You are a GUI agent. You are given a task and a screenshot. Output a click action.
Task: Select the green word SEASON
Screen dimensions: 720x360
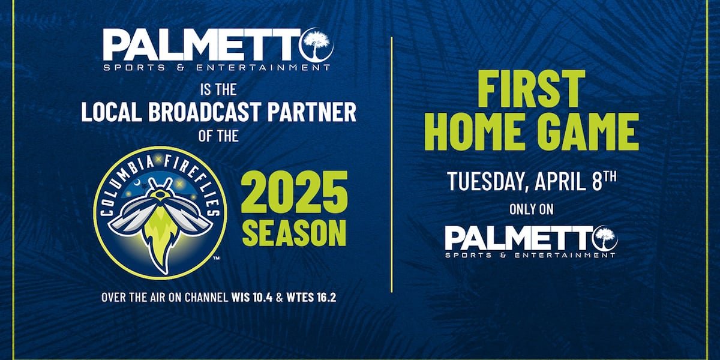[x=294, y=233]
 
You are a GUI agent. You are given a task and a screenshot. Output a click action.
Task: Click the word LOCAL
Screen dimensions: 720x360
[x=111, y=112]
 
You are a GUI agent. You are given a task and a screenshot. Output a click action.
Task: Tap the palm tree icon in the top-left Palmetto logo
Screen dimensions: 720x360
[x=317, y=44]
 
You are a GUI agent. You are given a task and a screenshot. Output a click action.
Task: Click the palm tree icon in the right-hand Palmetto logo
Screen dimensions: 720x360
[x=606, y=238]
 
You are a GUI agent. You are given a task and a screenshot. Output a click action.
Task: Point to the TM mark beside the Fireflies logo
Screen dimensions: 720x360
[x=217, y=258]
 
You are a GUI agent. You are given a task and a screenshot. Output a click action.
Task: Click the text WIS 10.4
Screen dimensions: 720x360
[x=252, y=298]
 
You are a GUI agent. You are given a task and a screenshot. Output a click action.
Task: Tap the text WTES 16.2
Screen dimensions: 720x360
[x=311, y=298]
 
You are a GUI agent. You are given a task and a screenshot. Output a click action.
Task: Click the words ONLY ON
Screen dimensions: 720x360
[x=532, y=209]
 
